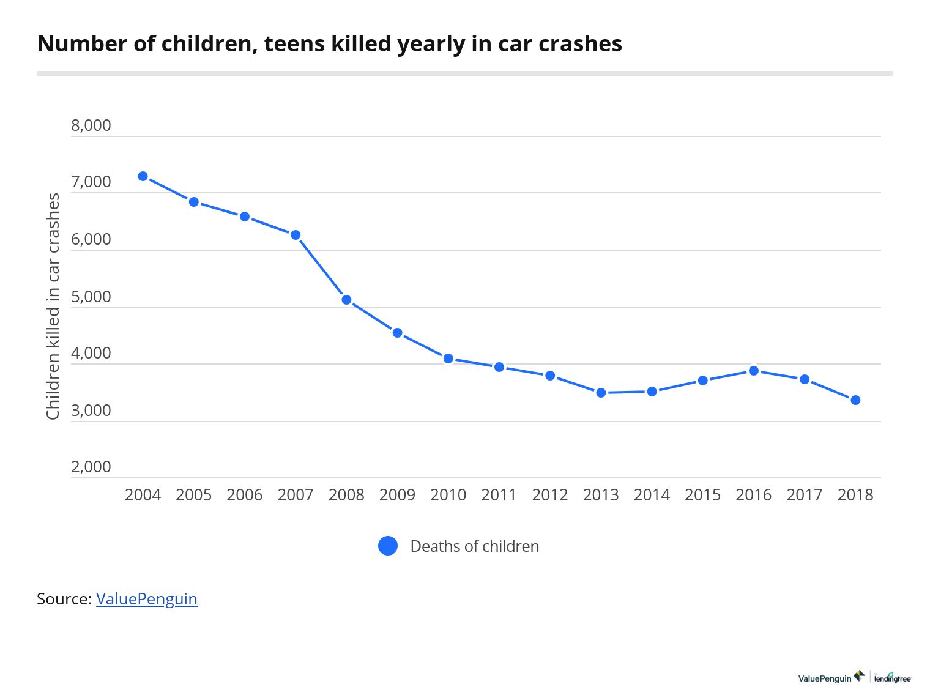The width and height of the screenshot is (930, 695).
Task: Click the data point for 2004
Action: [x=143, y=176]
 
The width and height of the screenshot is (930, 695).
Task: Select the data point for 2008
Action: [x=346, y=300]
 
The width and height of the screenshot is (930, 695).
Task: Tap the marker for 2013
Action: [x=601, y=393]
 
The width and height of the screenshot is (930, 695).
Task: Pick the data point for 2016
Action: [x=754, y=371]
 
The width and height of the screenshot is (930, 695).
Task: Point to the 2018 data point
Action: [x=855, y=400]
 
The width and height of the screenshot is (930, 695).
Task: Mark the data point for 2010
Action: [x=448, y=359]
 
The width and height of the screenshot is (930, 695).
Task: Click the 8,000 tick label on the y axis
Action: [x=91, y=125]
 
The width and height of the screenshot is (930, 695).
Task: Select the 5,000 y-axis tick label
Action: [x=91, y=297]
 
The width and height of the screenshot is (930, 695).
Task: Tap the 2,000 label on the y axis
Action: [x=91, y=467]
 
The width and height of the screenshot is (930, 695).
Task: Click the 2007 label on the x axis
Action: [x=296, y=495]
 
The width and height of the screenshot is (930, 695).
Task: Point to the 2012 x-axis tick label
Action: [x=550, y=495]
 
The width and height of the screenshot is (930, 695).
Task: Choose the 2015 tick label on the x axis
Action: [x=702, y=495]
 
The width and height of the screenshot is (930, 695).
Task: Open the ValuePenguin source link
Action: [x=146, y=598]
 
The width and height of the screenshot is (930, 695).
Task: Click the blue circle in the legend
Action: [x=388, y=546]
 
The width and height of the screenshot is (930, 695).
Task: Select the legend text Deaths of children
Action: [x=474, y=546]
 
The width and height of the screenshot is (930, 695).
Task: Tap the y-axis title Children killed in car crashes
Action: [x=53, y=306]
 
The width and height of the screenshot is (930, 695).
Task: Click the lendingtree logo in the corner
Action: [x=893, y=677]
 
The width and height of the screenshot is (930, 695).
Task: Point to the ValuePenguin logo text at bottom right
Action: [x=825, y=678]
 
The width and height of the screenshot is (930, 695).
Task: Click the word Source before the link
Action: [x=62, y=598]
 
